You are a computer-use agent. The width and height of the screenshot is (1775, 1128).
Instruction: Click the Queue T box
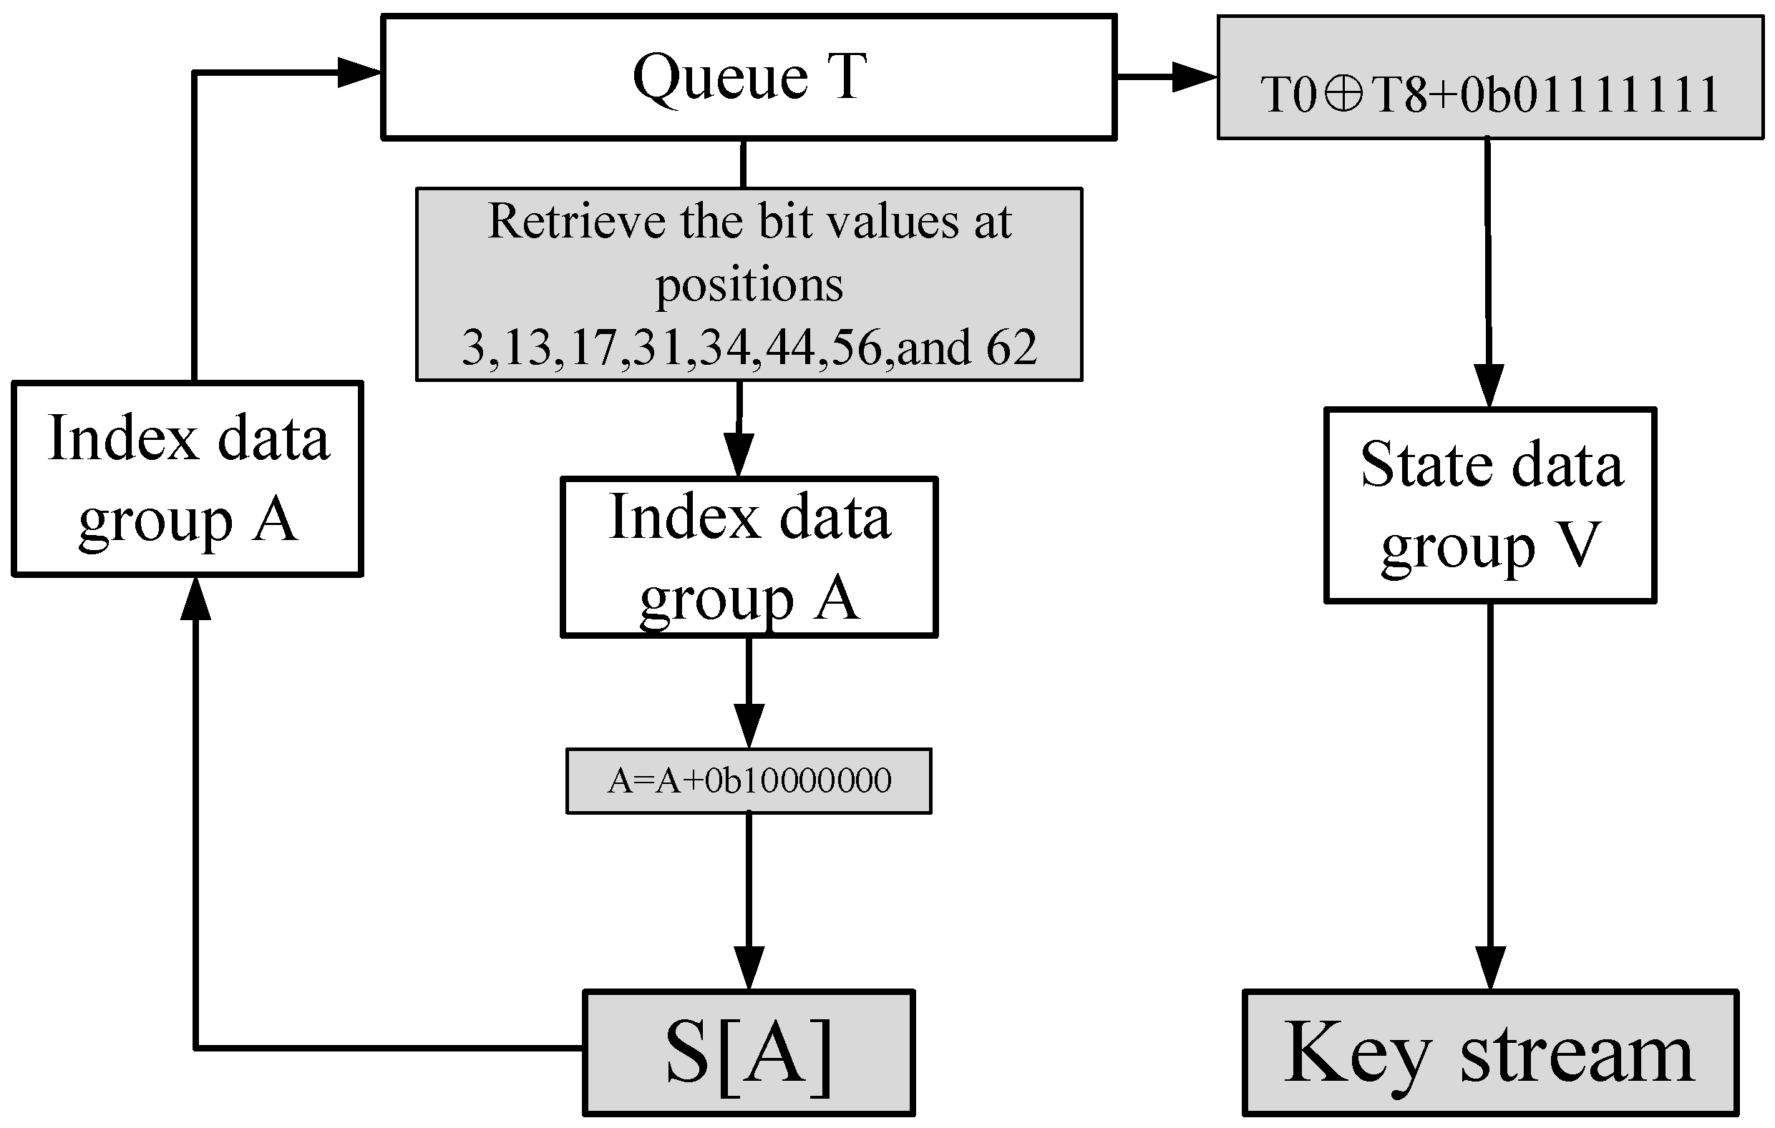748,77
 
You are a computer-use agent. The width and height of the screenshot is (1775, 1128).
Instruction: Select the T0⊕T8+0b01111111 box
1489,78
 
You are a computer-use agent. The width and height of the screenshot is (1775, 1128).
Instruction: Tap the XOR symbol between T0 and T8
1343,95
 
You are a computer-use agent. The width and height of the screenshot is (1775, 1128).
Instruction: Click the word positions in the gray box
749,285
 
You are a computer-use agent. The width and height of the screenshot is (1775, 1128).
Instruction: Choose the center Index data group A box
749,557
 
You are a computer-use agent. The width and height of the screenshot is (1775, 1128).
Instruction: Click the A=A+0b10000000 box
748,781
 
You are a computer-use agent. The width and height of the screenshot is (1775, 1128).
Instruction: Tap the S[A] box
748,1052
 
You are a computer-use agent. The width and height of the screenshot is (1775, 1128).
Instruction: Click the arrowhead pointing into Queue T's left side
360,73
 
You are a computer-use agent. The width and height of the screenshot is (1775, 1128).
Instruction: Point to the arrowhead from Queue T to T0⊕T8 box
1194,76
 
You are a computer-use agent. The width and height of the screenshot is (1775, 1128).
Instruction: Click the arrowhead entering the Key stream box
1489,967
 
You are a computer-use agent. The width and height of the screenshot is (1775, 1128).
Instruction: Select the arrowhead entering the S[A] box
749,967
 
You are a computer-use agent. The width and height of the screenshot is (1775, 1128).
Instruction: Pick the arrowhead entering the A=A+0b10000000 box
749,725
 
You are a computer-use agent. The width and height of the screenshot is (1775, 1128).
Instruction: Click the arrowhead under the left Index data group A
195,599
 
